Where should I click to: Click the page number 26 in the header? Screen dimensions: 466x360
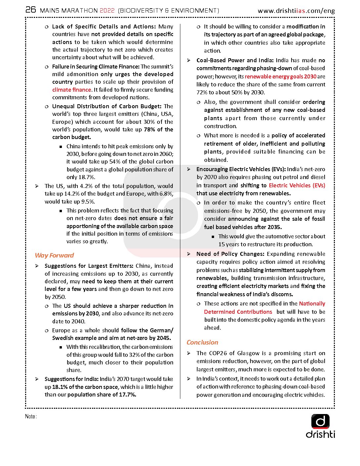coord(31,10)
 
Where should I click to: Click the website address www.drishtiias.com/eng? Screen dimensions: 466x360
coord(296,11)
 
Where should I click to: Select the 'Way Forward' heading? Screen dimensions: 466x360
coord(54,255)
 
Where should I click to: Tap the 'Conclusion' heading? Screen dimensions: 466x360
coord(202,342)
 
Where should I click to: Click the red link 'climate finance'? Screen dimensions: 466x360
coord(71,90)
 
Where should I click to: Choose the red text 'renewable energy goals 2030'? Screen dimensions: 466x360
coord(281,76)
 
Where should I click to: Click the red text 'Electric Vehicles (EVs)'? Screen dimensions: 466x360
coord(297,185)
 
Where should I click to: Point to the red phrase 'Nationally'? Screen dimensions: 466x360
coord(312,303)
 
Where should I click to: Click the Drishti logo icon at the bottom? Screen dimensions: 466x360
coord(320,422)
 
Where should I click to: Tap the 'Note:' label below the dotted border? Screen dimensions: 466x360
coord(31,416)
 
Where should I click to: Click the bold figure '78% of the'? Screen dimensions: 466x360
coord(158,129)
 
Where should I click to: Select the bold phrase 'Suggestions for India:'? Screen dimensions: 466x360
coord(71,379)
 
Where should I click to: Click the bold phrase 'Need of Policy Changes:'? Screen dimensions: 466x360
coord(230,254)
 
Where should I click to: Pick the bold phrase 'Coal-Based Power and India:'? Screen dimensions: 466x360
coord(235,60)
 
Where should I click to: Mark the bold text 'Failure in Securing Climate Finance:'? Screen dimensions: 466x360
coord(96,67)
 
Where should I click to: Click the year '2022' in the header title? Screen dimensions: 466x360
coord(107,11)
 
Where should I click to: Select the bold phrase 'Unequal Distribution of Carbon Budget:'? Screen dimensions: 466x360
coord(107,106)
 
